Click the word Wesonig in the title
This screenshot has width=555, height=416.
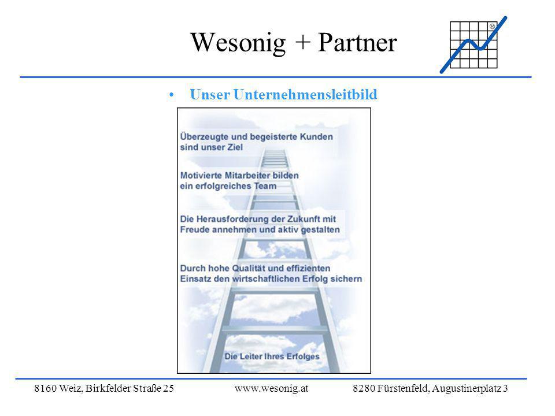pos(238,43)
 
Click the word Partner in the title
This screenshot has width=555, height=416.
pos(357,42)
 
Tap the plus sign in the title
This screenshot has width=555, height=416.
pos(302,42)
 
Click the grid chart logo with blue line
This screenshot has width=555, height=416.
pos(473,44)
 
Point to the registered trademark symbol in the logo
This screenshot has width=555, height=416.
pos(493,26)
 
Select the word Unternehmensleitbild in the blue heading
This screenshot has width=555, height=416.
pos(305,94)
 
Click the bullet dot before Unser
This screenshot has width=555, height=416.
pos(172,95)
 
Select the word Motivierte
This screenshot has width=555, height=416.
pos(201,175)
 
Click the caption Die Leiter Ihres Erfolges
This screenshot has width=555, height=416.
pos(272,356)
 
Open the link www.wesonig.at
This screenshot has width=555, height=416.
pos(272,388)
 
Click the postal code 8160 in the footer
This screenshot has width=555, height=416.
pos(45,388)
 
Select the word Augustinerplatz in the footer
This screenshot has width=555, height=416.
pos(467,388)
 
